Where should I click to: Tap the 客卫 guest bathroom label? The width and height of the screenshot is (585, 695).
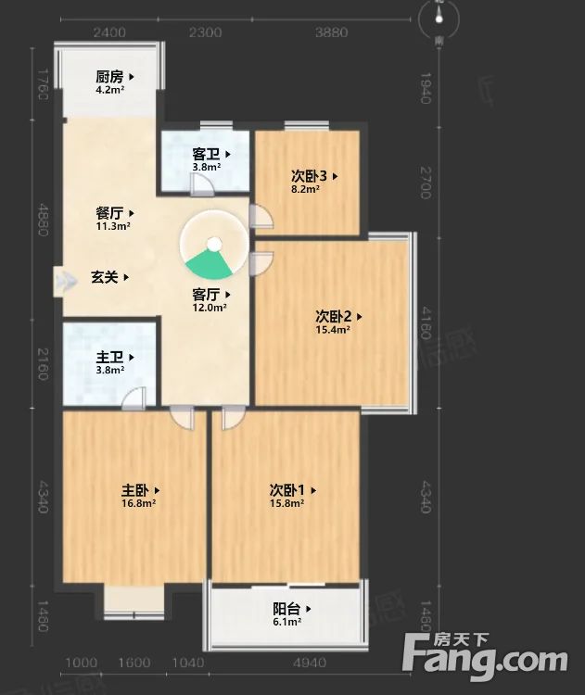(x=207, y=155)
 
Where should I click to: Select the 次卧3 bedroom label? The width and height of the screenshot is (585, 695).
(x=309, y=175)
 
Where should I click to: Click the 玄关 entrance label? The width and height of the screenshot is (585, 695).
(x=105, y=276)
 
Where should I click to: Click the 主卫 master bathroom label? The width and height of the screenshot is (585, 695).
(x=110, y=356)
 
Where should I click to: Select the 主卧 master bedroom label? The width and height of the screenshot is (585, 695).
(x=135, y=490)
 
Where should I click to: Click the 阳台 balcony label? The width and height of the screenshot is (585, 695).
(x=286, y=609)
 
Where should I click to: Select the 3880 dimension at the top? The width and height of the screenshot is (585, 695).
(x=331, y=32)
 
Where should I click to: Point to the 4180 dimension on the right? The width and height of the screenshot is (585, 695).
(x=425, y=314)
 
